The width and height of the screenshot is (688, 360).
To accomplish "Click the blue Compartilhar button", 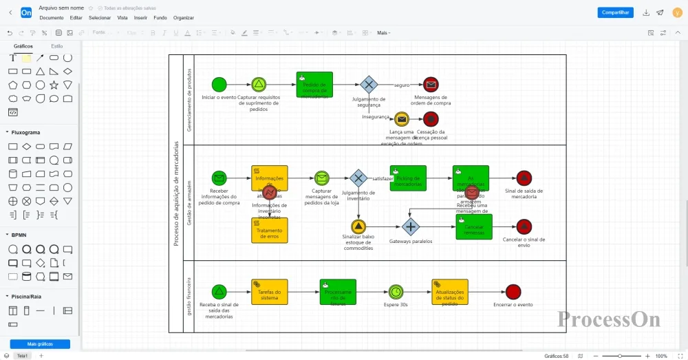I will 615,12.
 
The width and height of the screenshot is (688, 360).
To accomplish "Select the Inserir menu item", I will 140,18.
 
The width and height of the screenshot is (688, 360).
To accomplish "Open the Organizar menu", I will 183,18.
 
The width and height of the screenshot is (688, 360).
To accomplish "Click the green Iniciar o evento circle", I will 219,85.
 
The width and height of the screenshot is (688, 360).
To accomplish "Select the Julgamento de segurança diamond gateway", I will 369,85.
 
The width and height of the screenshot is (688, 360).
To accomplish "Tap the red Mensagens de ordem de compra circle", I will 431,85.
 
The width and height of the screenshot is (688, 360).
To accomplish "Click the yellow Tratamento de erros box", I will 270,230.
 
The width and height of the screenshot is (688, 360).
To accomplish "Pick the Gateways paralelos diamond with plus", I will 411,226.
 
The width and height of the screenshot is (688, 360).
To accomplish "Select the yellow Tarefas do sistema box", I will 270,292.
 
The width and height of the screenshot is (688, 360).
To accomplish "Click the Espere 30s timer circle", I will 396,292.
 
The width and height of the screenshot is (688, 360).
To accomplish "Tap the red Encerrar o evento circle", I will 513,292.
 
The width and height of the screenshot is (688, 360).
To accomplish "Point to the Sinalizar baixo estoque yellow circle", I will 358,226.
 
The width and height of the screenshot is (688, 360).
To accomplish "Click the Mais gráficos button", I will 40,343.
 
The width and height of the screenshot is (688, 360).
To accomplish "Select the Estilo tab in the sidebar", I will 57,46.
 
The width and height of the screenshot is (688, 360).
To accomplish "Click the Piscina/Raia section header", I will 26,296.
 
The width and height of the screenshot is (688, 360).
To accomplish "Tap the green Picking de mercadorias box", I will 408,178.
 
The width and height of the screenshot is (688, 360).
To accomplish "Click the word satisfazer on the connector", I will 383,178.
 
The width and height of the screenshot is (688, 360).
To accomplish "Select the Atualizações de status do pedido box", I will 450,292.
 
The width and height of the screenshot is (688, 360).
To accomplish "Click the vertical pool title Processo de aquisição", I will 176,193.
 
